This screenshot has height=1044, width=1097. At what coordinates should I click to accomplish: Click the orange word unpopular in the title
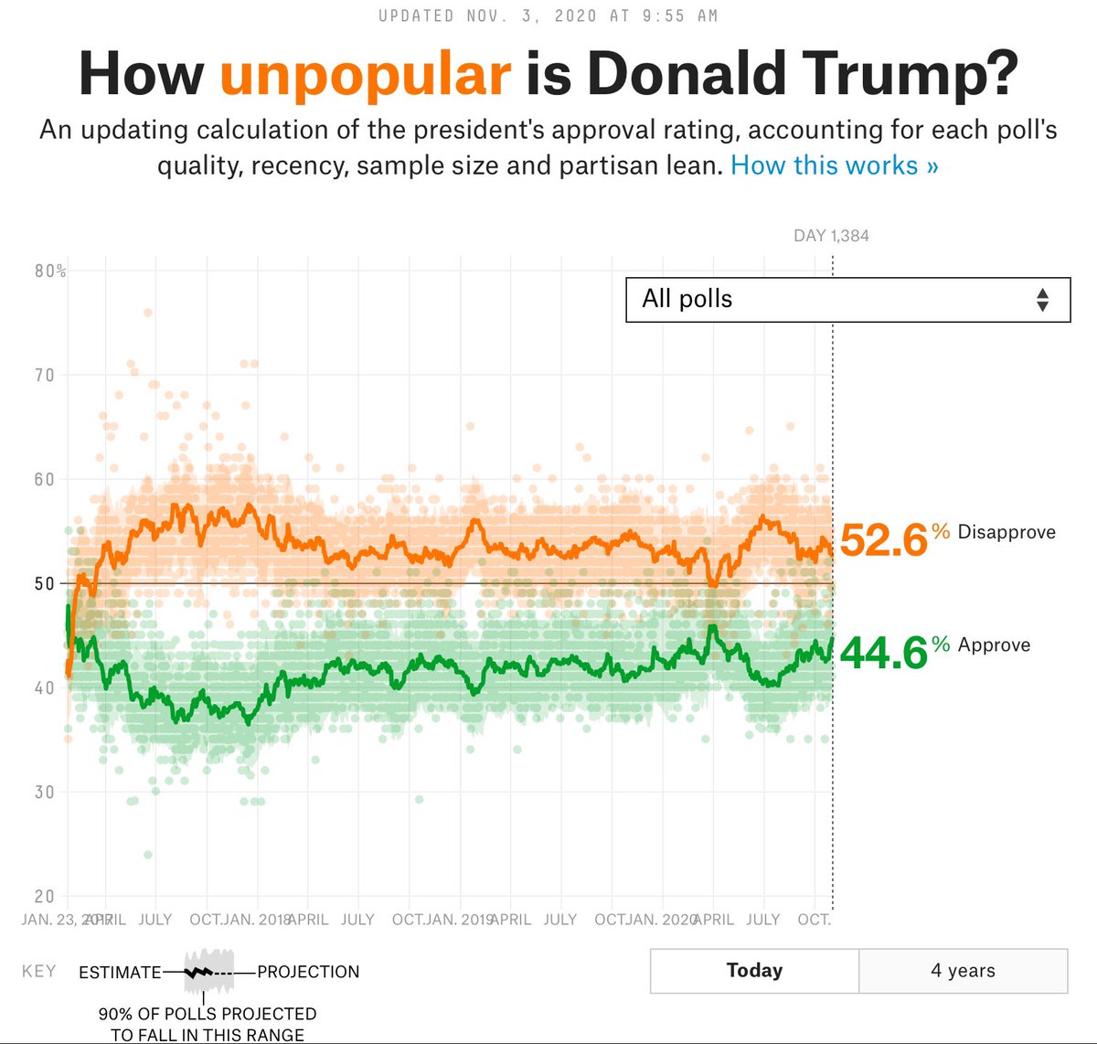click(365, 73)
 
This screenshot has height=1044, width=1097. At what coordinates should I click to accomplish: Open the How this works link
click(834, 165)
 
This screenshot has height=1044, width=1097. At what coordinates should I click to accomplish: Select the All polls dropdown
click(847, 300)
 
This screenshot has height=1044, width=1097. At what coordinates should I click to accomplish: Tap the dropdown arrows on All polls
click(1042, 300)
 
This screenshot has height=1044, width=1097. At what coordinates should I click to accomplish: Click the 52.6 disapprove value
click(883, 539)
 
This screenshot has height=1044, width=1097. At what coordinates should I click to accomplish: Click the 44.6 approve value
click(883, 653)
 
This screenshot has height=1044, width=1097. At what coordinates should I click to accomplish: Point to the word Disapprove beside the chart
click(1006, 532)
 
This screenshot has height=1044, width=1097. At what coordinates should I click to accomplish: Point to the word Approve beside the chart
click(994, 645)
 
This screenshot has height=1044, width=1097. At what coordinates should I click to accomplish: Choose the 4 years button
click(963, 971)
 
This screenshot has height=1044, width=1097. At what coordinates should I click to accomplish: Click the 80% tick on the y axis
click(50, 272)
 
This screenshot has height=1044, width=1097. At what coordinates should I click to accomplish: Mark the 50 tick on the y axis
click(45, 583)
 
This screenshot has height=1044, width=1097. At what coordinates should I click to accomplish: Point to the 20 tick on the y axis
click(45, 896)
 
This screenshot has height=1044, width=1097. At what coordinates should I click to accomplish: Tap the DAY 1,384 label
click(831, 236)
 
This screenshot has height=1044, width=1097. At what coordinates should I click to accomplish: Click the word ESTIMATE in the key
click(120, 972)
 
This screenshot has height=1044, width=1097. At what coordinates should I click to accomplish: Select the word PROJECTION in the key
click(308, 972)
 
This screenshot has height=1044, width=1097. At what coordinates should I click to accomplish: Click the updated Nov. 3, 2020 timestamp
click(548, 16)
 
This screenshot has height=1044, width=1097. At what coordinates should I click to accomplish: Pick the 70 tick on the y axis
click(45, 375)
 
